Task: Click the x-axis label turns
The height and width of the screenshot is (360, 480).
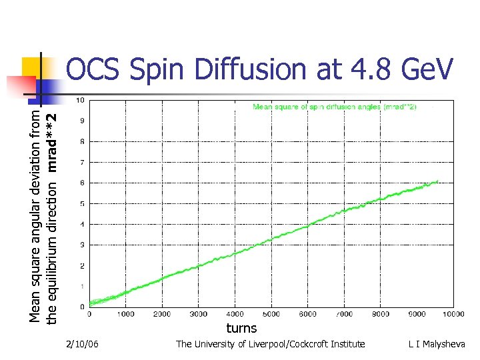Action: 241,328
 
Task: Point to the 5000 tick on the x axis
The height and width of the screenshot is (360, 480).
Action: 271,313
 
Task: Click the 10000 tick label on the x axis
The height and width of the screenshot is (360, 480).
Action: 453,313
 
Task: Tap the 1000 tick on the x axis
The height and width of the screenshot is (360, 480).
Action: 126,313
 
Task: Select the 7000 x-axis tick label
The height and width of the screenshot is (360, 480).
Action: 344,313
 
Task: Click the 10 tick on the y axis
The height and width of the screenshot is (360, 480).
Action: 80,101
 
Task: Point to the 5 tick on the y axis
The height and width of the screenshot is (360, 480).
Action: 81,204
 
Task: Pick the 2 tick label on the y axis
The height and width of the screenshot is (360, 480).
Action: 81,266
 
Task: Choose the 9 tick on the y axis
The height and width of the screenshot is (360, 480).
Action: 81,121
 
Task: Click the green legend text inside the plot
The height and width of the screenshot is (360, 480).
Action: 334,107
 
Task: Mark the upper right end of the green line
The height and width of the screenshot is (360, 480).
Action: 437,181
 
